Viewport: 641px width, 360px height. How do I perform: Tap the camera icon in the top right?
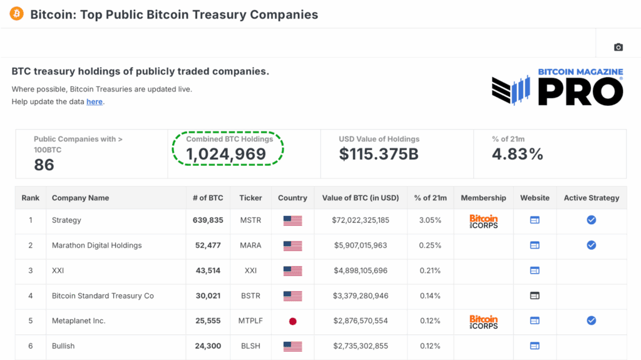pos(618,47)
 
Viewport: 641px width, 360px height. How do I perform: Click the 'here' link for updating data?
pos(95,101)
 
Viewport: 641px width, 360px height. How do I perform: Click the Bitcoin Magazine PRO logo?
pos(557,87)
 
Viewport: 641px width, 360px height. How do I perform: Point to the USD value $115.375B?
pos(379,155)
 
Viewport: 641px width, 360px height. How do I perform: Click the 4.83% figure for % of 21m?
pos(517,155)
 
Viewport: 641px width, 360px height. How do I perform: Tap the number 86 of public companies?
pos(44,165)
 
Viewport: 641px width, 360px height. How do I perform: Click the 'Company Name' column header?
pos(80,198)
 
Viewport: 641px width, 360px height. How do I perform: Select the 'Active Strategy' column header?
pos(592,198)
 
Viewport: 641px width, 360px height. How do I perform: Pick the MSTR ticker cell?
pos(250,220)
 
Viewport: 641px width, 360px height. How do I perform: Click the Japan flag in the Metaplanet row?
pos(292,321)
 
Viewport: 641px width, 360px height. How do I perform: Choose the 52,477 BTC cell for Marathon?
pos(208,245)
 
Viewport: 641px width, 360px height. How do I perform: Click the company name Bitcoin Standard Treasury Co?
pos(103,296)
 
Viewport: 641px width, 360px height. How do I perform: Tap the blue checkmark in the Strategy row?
pos(591,220)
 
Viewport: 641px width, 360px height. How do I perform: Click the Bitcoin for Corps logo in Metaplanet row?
pos(483,321)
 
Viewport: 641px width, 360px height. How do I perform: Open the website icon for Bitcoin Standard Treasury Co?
pos(535,296)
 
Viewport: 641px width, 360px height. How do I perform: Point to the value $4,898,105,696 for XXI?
pos(360,270)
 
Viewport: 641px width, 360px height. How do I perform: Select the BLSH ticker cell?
pos(250,346)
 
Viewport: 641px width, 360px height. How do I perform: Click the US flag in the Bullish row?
pos(292,346)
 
